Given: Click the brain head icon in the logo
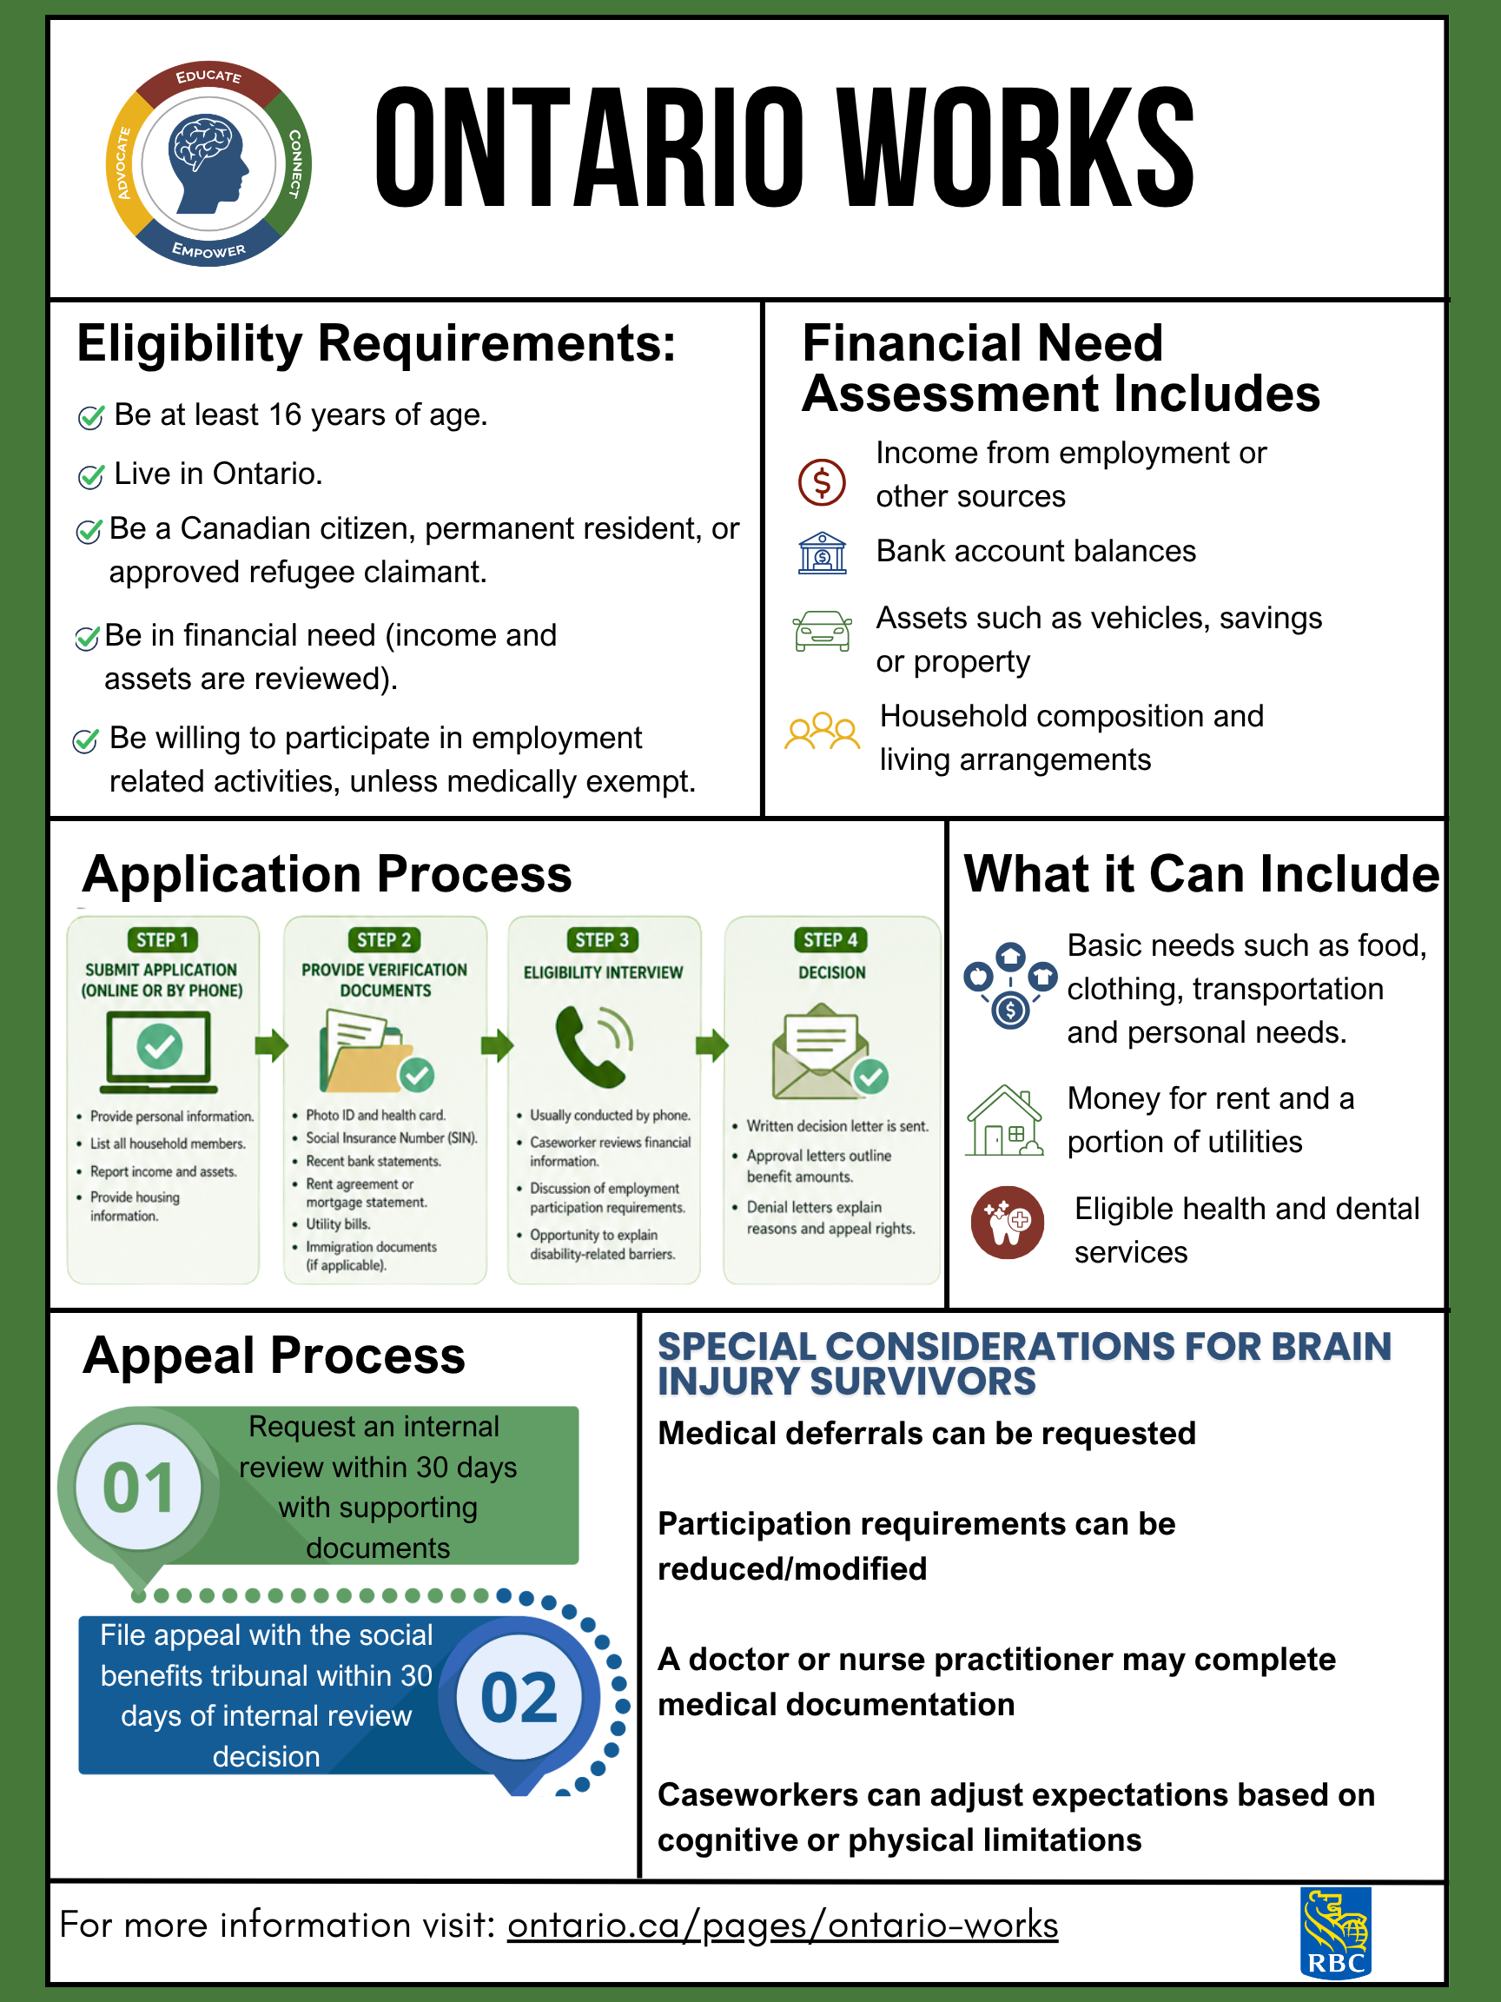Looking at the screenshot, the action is [x=208, y=162].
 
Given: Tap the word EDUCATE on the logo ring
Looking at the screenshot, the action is [x=209, y=76].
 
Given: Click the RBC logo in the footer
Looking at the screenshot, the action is [x=1335, y=1932].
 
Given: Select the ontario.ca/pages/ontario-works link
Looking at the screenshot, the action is [x=783, y=1925].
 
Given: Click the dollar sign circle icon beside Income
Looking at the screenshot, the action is [x=822, y=481].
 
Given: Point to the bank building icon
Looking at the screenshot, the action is [x=822, y=553].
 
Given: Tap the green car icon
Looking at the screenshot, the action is [x=822, y=631].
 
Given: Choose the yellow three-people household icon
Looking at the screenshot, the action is [x=822, y=731].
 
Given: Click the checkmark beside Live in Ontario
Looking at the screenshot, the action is [x=90, y=476].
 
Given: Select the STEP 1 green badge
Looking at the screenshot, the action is [x=162, y=939].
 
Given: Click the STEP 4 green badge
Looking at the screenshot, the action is [x=830, y=939].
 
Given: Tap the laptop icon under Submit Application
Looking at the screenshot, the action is [x=159, y=1051].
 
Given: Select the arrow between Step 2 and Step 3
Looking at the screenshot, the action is [x=497, y=1046].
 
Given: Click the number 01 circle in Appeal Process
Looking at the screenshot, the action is [x=138, y=1488].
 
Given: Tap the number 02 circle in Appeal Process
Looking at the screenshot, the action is [x=519, y=1697].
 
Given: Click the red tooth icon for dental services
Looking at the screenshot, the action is [x=1007, y=1222].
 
